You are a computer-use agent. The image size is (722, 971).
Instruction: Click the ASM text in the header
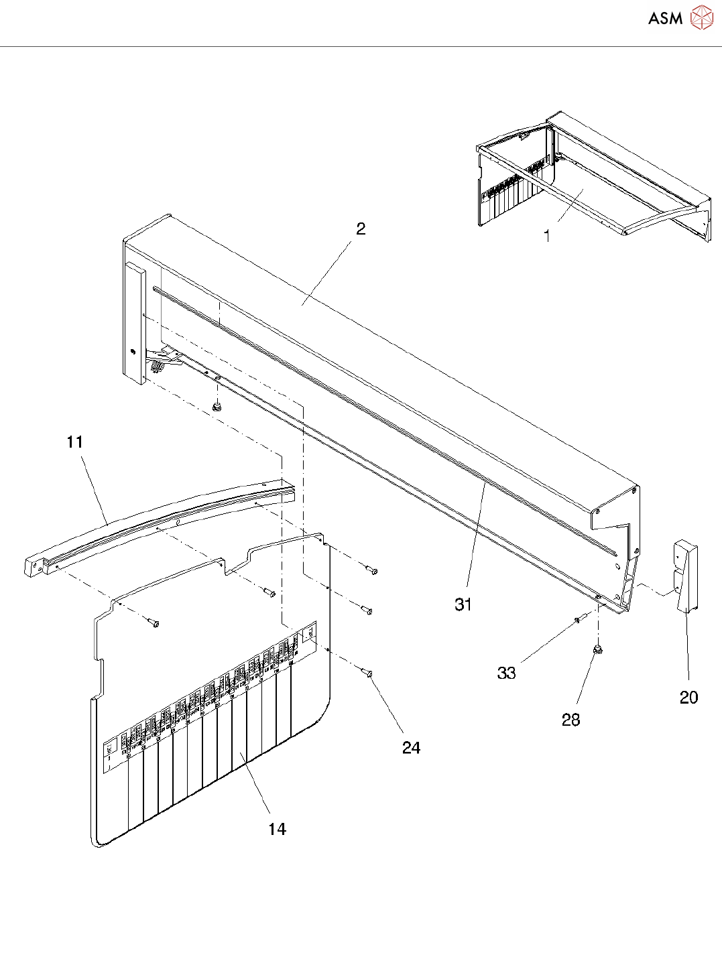pos(665,18)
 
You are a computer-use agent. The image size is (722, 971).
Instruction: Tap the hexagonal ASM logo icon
pos(701,17)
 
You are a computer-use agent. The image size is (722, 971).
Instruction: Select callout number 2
pos(361,229)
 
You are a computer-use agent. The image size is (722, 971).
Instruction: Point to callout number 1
pos(547,236)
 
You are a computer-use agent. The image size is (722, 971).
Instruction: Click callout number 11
pos(74,442)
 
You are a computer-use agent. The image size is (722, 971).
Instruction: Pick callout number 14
pos(277,830)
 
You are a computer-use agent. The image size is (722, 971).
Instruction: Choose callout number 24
pos(411,748)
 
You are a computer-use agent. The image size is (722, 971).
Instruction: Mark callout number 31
pos(463,604)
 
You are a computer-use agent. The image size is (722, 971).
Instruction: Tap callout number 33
pos(506,673)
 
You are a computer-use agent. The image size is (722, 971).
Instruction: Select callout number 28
pos(570,720)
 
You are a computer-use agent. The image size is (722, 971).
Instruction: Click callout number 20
pos(688,698)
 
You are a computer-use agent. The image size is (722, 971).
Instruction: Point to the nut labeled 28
pos(595,649)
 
